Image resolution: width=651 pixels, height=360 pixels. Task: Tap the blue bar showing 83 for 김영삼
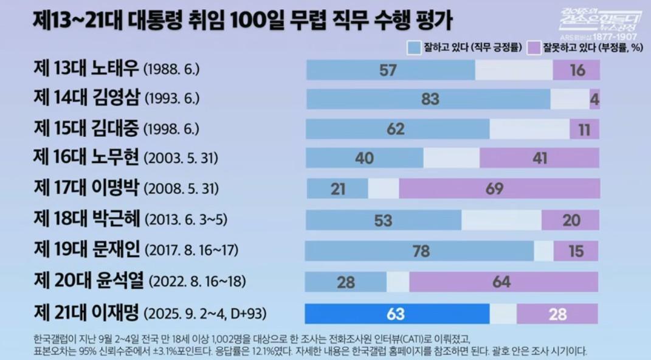click(429, 99)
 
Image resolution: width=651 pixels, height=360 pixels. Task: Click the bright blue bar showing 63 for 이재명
click(396, 314)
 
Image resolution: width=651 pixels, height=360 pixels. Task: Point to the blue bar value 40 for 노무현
click(364, 158)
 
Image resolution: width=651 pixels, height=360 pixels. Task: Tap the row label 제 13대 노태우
click(86, 69)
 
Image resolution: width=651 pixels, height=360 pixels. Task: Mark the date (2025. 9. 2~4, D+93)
click(206, 315)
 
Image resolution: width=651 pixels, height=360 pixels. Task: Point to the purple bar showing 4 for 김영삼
click(594, 99)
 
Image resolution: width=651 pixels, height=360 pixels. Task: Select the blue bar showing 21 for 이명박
click(337, 189)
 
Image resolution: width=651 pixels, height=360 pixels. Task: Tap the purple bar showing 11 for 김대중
click(584, 129)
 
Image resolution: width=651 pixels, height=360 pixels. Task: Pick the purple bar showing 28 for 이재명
click(557, 314)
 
